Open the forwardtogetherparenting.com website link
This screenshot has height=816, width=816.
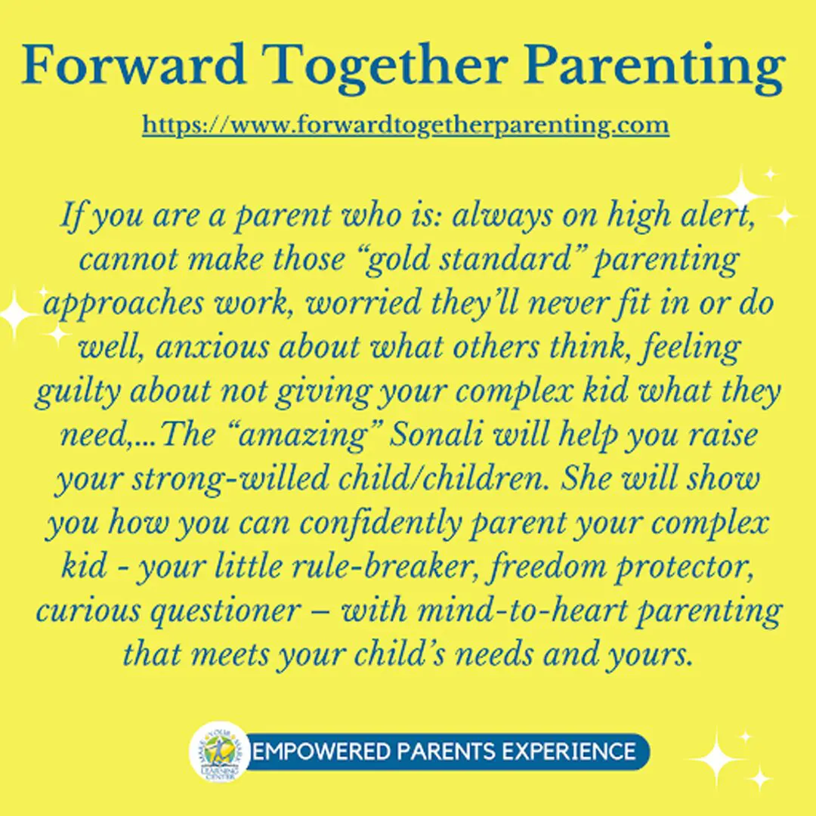coord(406,124)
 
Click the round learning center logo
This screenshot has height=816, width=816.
coord(220,752)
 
